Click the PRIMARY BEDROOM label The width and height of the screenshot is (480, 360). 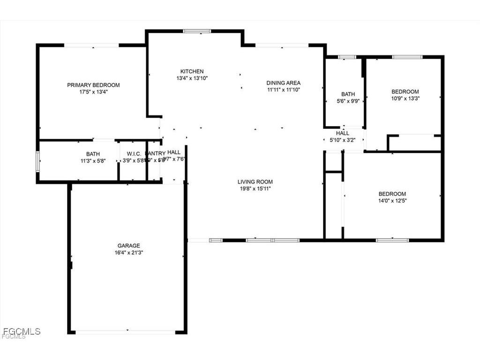(x=93, y=85)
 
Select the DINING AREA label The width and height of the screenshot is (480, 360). (x=284, y=82)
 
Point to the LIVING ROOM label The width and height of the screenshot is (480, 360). (x=255, y=182)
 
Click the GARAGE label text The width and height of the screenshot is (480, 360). (x=128, y=246)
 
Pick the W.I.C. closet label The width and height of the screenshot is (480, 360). (x=131, y=154)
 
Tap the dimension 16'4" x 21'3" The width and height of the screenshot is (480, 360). (x=128, y=252)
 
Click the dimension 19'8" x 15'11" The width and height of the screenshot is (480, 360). (x=255, y=188)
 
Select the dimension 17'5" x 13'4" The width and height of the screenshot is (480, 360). (x=93, y=92)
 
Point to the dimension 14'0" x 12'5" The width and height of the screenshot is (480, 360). (x=392, y=200)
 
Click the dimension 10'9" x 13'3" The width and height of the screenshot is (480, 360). (x=405, y=98)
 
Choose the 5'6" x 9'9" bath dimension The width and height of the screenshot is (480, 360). (x=348, y=101)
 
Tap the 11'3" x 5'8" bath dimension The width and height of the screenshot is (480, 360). (x=93, y=160)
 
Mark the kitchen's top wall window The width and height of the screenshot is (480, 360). (x=197, y=31)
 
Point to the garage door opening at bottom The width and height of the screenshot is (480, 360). (x=126, y=332)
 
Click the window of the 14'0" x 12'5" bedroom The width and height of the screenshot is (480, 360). (x=392, y=240)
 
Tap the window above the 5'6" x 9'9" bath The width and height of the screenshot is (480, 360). (x=347, y=57)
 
